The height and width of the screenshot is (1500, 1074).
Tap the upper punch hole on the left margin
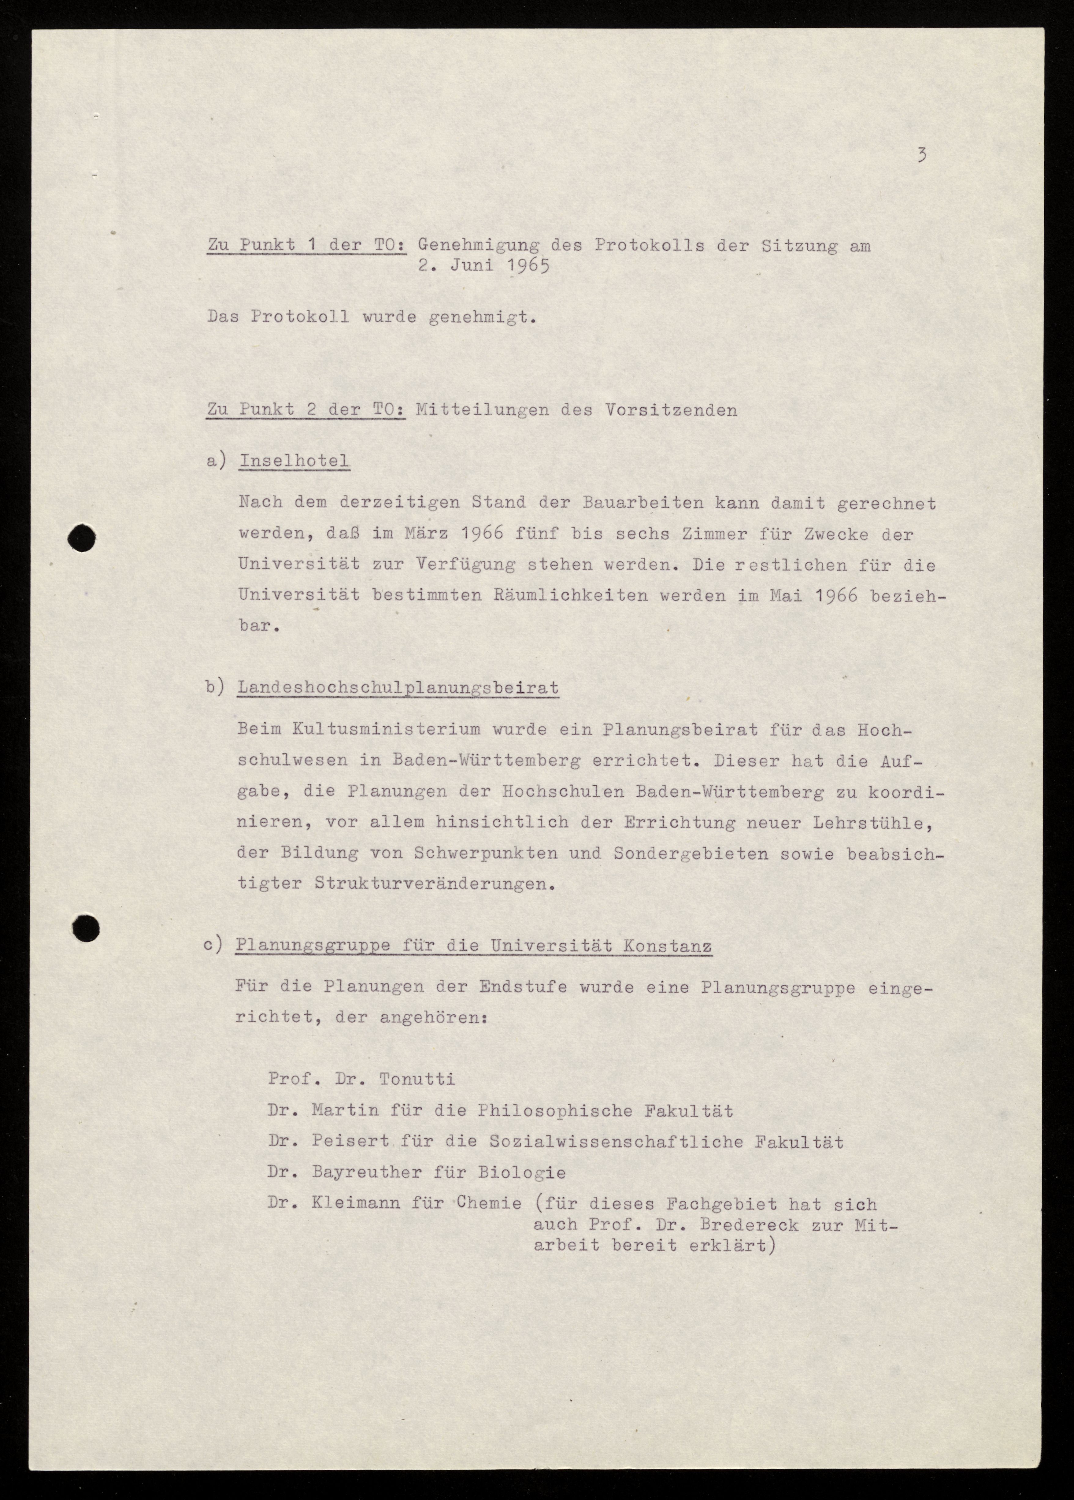(x=82, y=537)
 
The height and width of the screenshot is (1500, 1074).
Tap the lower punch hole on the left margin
(x=85, y=928)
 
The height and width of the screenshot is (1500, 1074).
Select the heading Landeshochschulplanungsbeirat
(x=398, y=688)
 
